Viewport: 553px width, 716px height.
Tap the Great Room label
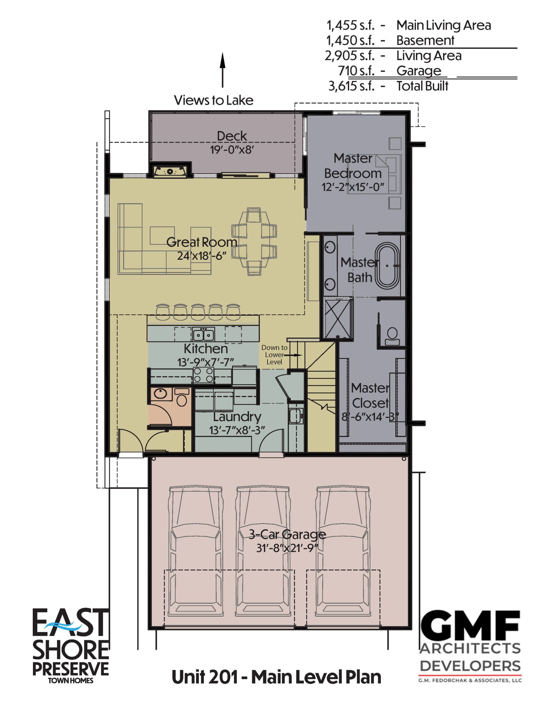tap(202, 242)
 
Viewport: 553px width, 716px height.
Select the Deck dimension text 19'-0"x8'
tap(232, 150)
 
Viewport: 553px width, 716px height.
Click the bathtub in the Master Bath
tap(387, 265)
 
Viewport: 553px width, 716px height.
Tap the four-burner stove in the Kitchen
tap(203, 375)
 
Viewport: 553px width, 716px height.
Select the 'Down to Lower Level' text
tap(274, 355)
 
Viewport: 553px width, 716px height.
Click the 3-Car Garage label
tap(287, 534)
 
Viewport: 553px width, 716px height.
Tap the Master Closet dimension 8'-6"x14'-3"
tap(370, 417)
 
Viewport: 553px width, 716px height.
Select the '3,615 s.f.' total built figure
tap(351, 86)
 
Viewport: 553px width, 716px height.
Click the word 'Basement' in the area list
tap(425, 40)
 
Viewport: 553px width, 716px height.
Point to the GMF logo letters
tap(470, 626)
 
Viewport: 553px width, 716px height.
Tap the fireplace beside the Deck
tap(170, 171)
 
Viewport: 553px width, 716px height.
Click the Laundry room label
tap(237, 417)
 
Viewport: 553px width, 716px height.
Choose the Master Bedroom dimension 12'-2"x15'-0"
tap(353, 187)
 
